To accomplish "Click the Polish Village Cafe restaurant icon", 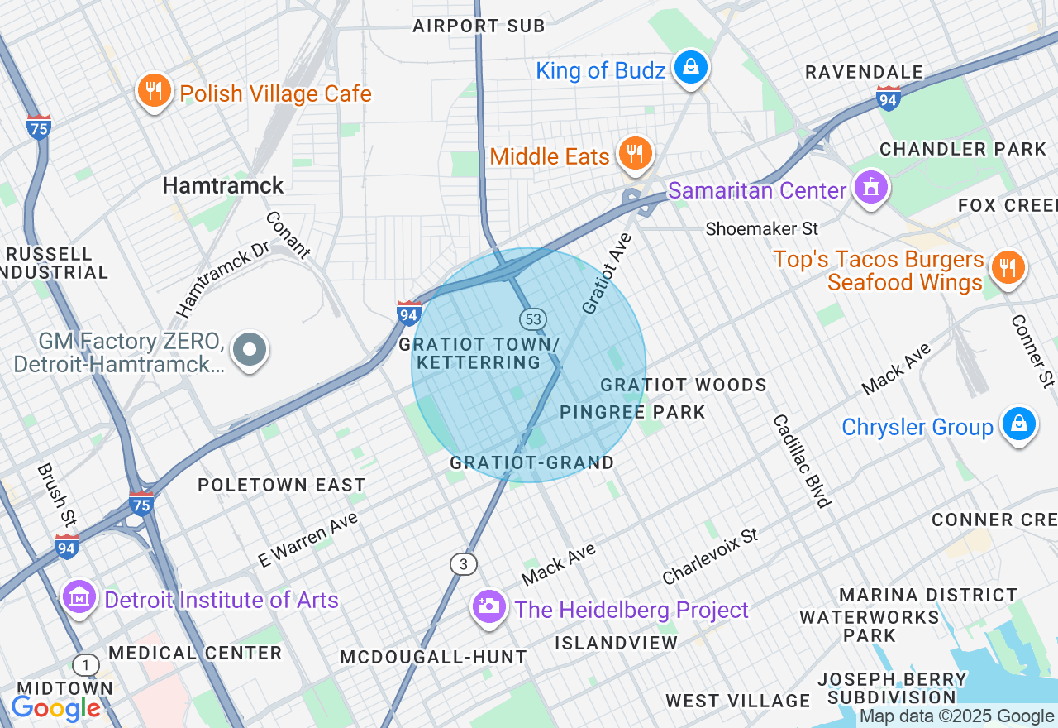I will [154, 91].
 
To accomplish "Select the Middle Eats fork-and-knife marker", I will [635, 154].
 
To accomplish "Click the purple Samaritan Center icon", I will [870, 188].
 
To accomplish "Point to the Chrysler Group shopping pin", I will [1018, 424].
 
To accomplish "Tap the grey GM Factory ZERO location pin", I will [250, 350].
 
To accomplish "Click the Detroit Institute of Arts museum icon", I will [79, 596].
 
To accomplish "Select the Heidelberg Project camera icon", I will [488, 606].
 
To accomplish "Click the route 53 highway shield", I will [532, 318].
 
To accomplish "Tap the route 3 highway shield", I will [464, 564].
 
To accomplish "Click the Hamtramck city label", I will [223, 185].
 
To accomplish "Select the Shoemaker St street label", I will [761, 228].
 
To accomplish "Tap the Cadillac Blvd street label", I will [801, 461].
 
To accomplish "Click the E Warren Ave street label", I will [308, 539].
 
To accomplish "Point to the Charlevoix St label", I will [710, 556].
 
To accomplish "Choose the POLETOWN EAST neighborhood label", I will [281, 485].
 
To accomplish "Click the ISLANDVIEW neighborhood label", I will [616, 643].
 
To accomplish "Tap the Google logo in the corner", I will [55, 708].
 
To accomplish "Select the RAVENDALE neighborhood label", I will [864, 72].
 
